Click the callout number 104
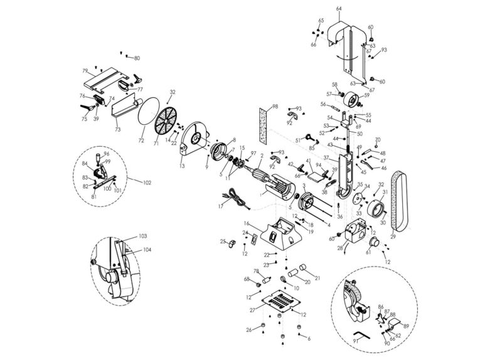[146, 250]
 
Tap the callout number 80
[137, 58]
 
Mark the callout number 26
[249, 329]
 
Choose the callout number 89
[406, 326]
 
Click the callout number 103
[142, 236]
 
